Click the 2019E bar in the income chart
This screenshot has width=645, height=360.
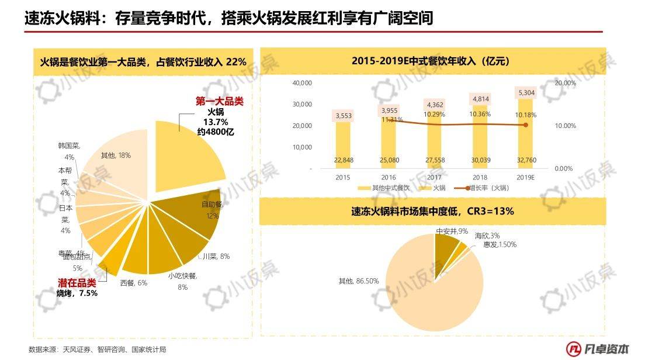(525, 134)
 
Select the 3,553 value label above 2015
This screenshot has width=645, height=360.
(343, 116)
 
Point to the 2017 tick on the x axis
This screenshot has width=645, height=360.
(434, 176)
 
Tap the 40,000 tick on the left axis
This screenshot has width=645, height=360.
(302, 83)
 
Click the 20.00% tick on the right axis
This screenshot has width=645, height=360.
(564, 83)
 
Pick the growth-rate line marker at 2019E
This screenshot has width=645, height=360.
(526, 124)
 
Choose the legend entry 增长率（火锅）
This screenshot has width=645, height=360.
(481, 188)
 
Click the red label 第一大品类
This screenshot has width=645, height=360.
(219, 101)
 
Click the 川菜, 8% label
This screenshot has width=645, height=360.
(216, 256)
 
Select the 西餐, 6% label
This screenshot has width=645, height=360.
(134, 283)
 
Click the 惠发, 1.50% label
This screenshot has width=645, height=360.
(500, 244)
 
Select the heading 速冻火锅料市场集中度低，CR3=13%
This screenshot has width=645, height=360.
(432, 211)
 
